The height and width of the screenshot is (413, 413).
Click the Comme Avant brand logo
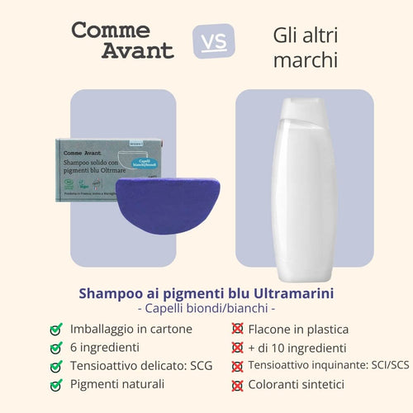(x=123, y=40)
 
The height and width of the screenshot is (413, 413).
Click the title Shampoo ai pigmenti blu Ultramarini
(x=206, y=292)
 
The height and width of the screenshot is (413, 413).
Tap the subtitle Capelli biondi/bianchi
(x=206, y=309)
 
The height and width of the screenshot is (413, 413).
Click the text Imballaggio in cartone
(x=131, y=329)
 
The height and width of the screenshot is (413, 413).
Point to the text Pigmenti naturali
(x=117, y=384)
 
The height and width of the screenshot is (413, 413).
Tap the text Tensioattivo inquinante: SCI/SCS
(x=317, y=366)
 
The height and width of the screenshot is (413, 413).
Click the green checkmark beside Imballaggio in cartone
(x=56, y=329)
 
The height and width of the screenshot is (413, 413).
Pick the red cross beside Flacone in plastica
(x=238, y=329)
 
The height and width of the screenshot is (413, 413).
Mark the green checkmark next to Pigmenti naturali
(x=56, y=384)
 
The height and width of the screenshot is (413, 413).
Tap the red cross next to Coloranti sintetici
(x=238, y=385)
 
